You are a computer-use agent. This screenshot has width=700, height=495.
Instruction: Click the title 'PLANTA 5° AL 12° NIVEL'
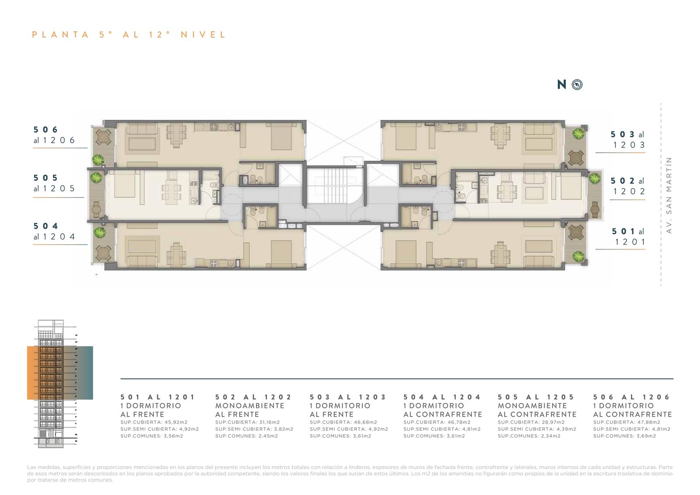pyautogui.click(x=129, y=35)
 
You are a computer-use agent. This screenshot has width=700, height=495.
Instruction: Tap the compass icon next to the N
pyautogui.click(x=577, y=84)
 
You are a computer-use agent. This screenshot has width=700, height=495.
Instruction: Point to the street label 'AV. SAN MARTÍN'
pyautogui.click(x=669, y=195)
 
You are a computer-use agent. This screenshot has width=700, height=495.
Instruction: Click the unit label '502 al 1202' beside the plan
pyautogui.click(x=627, y=186)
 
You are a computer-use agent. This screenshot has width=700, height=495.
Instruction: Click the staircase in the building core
pyautogui.click(x=335, y=186)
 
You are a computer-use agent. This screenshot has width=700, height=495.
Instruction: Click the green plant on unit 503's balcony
pyautogui.click(x=578, y=134)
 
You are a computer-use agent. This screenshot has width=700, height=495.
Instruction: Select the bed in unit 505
pyautogui.click(x=125, y=184)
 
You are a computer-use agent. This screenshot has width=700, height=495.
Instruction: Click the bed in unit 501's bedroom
pyautogui.click(x=406, y=253)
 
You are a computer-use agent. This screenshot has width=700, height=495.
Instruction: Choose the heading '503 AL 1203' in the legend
pyautogui.click(x=348, y=397)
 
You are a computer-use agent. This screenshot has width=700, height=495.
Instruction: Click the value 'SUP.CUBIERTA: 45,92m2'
pyautogui.click(x=154, y=422)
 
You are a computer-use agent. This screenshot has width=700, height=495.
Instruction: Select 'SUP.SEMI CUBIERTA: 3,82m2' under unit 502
pyautogui.click(x=254, y=429)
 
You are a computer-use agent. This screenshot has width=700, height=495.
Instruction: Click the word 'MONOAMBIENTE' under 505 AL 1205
pyautogui.click(x=532, y=406)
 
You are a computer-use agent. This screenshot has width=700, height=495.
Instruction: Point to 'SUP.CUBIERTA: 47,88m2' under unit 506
pyautogui.click(x=626, y=422)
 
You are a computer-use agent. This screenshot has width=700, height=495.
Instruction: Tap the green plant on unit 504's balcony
pyautogui.click(x=100, y=232)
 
